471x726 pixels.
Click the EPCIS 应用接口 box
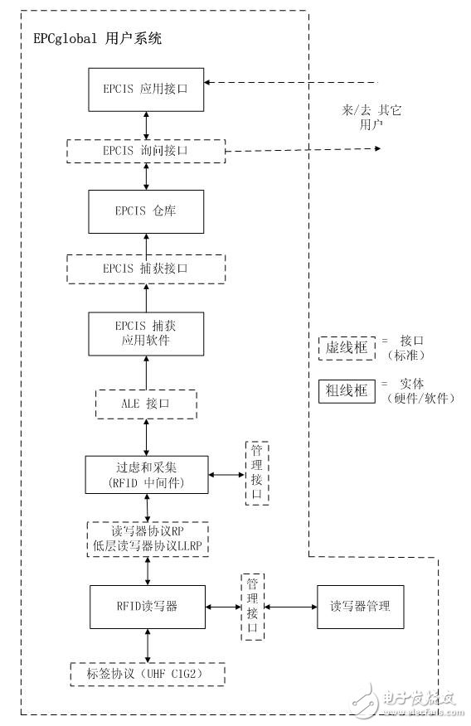click(x=146, y=90)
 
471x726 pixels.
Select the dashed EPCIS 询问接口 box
click(x=146, y=151)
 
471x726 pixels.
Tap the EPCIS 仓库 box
click(x=146, y=211)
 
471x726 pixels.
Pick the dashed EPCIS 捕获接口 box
click(x=146, y=269)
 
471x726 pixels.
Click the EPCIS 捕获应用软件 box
click(x=146, y=334)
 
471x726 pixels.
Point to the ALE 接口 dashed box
click(x=146, y=404)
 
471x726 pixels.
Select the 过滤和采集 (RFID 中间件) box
click(x=146, y=474)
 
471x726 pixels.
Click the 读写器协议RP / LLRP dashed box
click(x=146, y=539)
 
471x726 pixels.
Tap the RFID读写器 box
click(x=146, y=606)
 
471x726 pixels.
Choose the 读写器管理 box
click(x=360, y=607)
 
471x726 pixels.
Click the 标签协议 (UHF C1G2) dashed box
click(x=146, y=675)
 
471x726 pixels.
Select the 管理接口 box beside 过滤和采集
click(x=257, y=473)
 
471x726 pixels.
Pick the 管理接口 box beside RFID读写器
click(x=252, y=606)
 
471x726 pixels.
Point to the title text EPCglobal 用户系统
click(x=98, y=38)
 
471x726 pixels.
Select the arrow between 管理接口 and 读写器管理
click(x=290, y=607)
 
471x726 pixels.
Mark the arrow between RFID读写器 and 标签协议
click(x=147, y=645)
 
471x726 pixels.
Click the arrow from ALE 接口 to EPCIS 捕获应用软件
click(x=147, y=372)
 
